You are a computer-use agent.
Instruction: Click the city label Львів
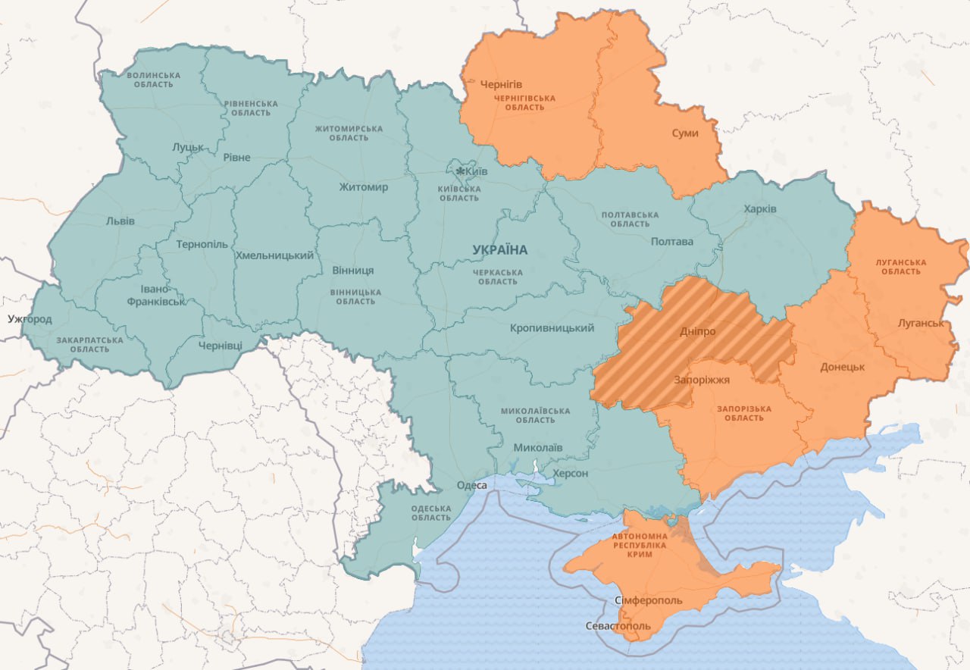pos(120,221)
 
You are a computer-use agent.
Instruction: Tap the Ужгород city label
pos(30,319)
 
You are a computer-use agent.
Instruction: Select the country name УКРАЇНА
pos(499,250)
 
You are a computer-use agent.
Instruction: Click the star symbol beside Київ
pos(458,171)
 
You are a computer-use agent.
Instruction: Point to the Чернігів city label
pos(501,84)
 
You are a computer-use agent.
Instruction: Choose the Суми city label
pos(685,133)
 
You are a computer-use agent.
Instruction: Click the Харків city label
pos(759,208)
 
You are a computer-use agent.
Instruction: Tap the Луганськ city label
pos(920,323)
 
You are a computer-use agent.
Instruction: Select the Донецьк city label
pos(842,367)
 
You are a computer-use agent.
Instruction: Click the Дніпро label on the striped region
pos(697,332)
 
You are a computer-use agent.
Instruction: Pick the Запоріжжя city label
pos(702,380)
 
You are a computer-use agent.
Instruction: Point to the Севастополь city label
pos(618,627)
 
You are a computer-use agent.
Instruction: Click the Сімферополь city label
pos(648,600)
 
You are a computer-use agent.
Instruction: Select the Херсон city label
pos(570,473)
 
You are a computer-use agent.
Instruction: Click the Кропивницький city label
pos(551,328)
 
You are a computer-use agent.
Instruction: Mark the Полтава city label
pos(671,241)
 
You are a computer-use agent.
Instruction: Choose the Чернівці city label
pos(221,346)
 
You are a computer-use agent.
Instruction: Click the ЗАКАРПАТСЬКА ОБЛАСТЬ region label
pos(89,345)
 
